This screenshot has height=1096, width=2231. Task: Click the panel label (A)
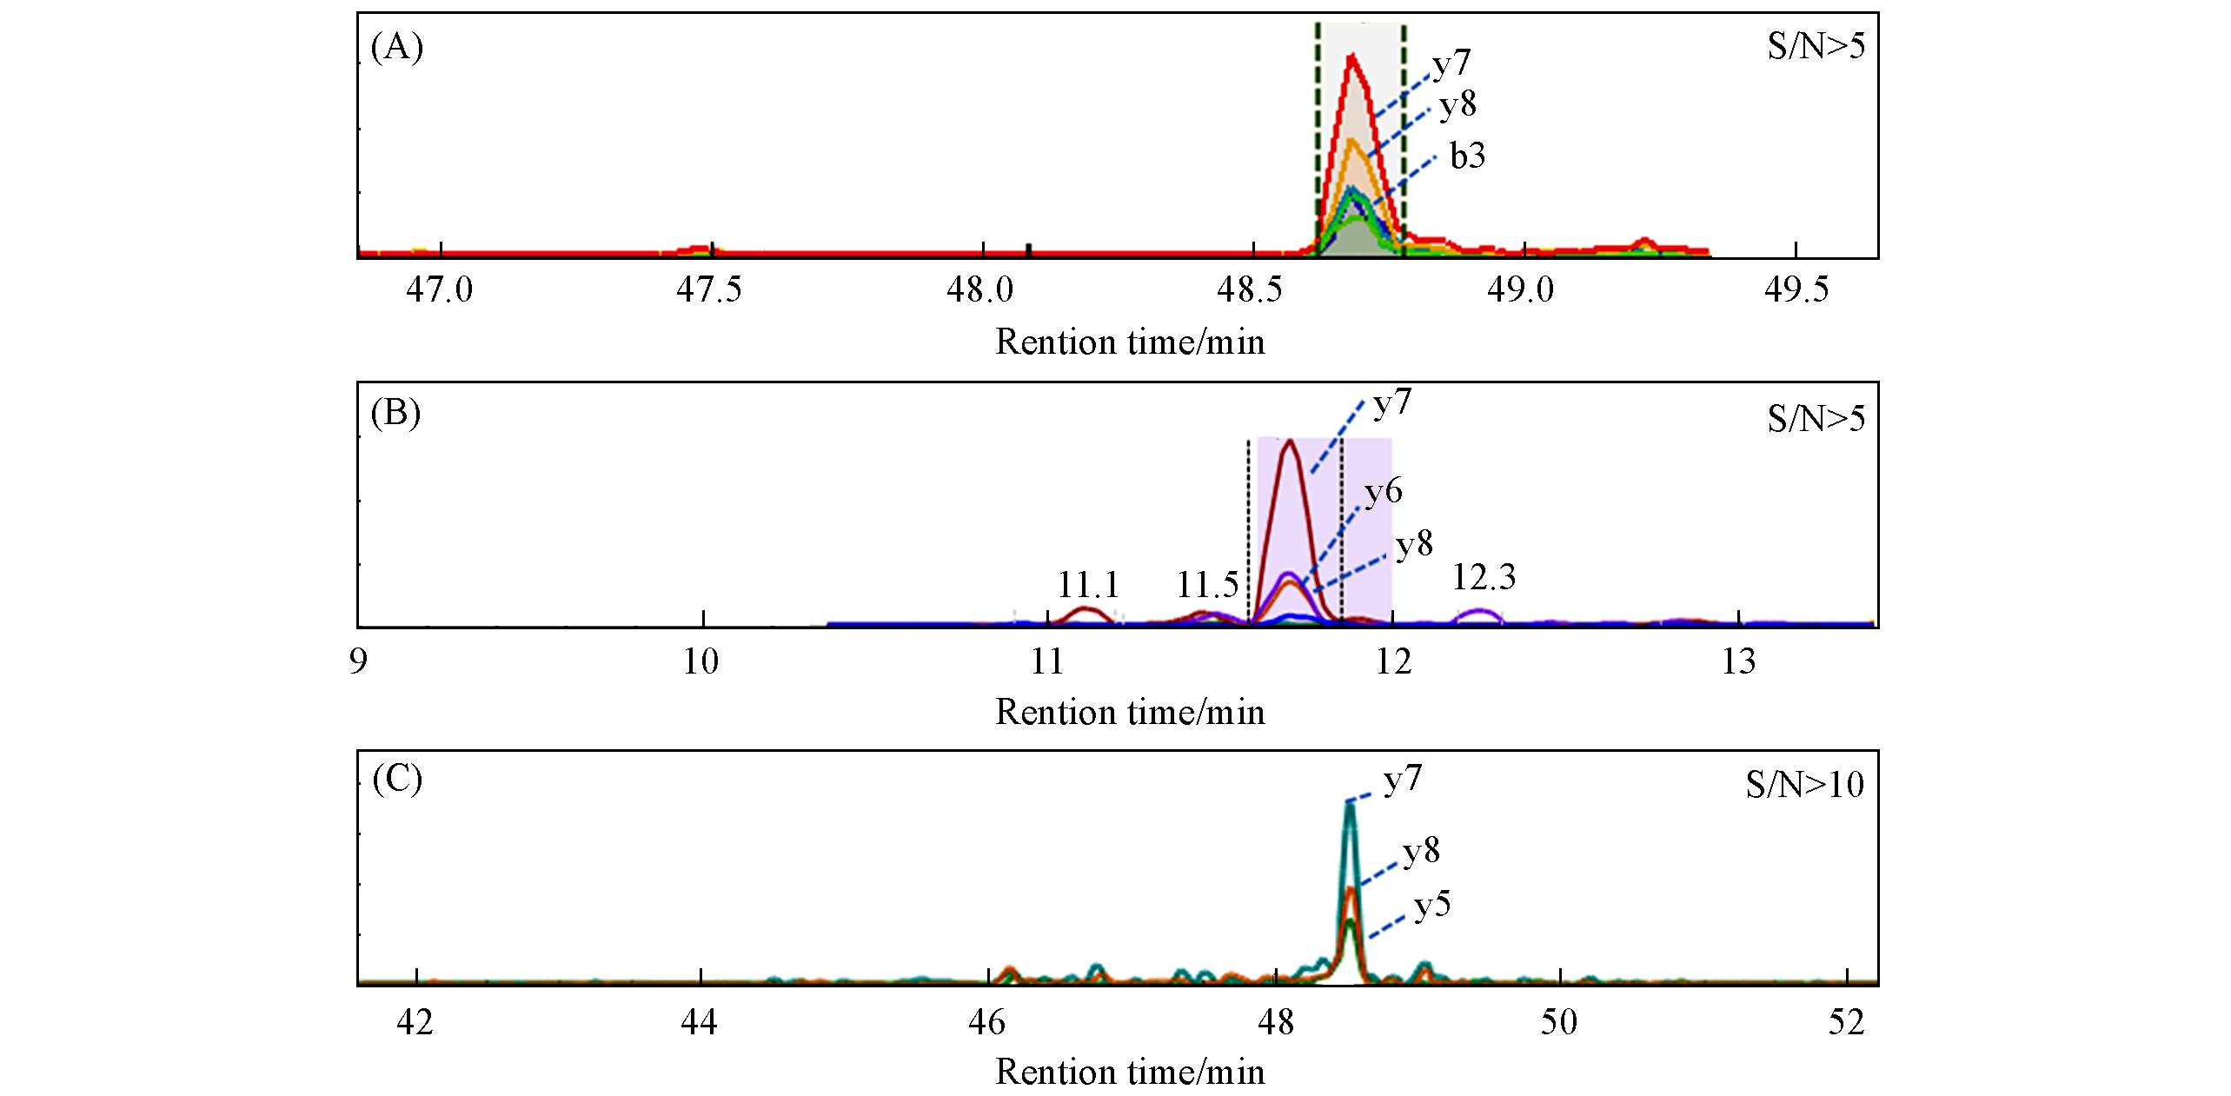[x=396, y=49]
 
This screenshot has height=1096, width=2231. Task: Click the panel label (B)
[x=396, y=414]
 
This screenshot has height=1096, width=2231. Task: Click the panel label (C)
[x=396, y=780]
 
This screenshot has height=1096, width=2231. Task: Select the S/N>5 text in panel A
[x=1816, y=47]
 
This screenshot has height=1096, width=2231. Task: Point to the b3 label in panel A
[x=1467, y=156]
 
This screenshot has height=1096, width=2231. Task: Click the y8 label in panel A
[x=1457, y=105]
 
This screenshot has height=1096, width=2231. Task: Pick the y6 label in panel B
[x=1383, y=493]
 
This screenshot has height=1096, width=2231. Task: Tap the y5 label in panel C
[x=1432, y=907]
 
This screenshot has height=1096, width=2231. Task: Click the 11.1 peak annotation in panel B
[x=1088, y=586]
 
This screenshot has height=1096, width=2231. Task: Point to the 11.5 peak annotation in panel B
[x=1207, y=586]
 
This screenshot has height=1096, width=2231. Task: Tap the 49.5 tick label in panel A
[x=1796, y=289]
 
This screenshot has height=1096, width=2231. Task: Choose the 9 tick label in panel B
[x=357, y=662]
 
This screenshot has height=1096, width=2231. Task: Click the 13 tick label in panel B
[x=1738, y=662]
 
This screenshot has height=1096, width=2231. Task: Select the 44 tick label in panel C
[x=700, y=1023]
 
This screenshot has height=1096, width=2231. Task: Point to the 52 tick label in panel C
[x=1846, y=1023]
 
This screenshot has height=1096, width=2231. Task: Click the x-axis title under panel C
[x=1129, y=1073]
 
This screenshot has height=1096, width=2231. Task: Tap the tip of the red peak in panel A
[x=1351, y=56]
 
